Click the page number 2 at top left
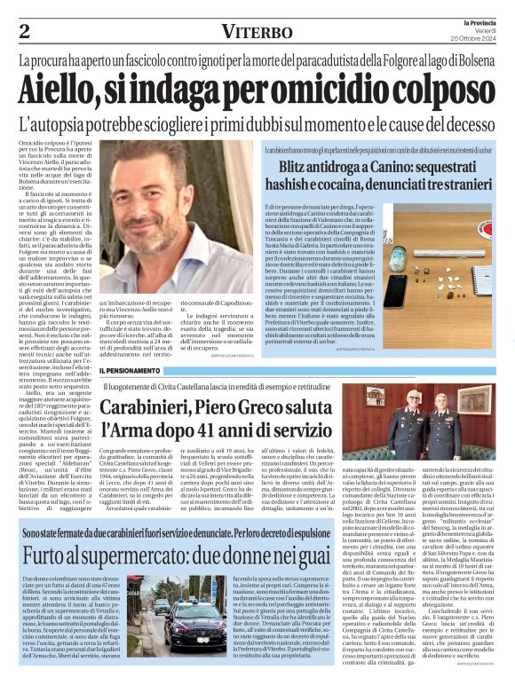coord(25,32)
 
